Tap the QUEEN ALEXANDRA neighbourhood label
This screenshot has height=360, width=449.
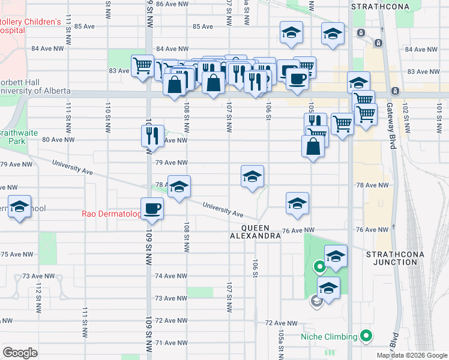tap(256, 232)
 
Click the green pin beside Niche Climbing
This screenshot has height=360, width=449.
tap(366, 336)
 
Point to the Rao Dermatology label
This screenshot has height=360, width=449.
tap(112, 214)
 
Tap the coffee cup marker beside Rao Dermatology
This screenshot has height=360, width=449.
tap(152, 209)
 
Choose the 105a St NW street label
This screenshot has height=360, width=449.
tap(282, 343)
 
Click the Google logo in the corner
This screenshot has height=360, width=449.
tap(20, 352)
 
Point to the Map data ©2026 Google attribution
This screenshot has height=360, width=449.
tap(412, 355)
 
